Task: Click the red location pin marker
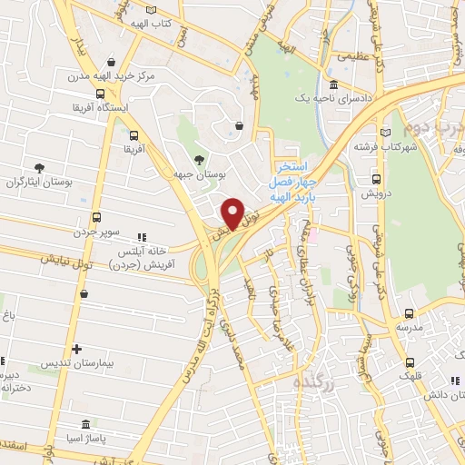pyautogui.click(x=233, y=213)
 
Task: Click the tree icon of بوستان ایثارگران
pyautogui.click(x=39, y=169)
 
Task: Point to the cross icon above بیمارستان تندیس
pyautogui.click(x=76, y=348)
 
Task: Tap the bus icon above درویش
pyautogui.click(x=376, y=179)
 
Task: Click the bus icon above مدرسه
pyautogui.click(x=408, y=312)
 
